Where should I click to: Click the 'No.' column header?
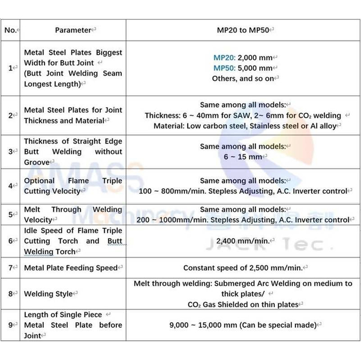coord(11,30)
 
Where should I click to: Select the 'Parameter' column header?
coord(73,30)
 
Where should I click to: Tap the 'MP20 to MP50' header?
coord(243,30)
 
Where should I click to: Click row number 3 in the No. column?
coord(10,152)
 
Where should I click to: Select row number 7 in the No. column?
coord(10,268)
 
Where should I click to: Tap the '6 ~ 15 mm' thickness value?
coord(243,157)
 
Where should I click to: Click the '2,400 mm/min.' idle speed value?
coord(243,241)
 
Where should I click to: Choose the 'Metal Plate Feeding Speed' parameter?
coord(71,268)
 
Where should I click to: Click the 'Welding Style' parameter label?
coord(49,294)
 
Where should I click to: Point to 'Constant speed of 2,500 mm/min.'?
coord(243,268)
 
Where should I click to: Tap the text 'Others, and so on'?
coord(243,78)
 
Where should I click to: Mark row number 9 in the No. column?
coord(10,325)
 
